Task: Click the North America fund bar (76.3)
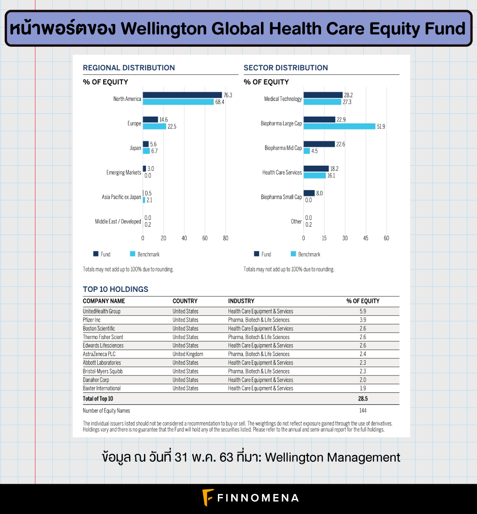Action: (182, 95)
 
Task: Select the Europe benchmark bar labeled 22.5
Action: (154, 127)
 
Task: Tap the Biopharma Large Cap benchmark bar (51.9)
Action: (339, 127)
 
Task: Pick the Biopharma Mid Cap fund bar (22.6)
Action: (319, 144)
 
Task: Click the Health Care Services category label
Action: (282, 173)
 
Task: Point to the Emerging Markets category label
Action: (123, 173)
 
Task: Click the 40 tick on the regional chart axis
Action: (184, 238)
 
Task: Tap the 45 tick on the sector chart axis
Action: (366, 238)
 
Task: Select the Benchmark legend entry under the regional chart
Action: (145, 254)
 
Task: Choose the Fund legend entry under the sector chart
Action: (262, 254)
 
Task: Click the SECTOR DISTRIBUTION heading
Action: (286, 68)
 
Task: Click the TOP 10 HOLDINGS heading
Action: (116, 289)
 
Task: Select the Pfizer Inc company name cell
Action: (92, 320)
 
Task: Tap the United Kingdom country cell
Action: (188, 354)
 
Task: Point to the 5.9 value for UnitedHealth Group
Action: (363, 311)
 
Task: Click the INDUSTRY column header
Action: (241, 301)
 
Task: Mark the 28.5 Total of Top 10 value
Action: (363, 399)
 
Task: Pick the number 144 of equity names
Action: (363, 411)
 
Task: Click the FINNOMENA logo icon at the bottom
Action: (208, 497)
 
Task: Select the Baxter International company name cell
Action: (102, 388)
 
